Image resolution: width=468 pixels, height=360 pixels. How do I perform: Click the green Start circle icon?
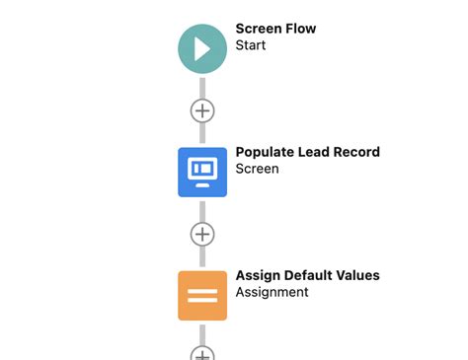coord(202,48)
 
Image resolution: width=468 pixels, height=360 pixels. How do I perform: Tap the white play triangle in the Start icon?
coord(203,48)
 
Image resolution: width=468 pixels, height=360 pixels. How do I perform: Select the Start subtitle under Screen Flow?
coord(252,45)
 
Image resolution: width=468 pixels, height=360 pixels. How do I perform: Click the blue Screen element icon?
coord(202,172)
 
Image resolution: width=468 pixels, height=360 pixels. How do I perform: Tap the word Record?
coord(359,152)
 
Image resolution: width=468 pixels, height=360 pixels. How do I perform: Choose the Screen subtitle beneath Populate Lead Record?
coord(257,169)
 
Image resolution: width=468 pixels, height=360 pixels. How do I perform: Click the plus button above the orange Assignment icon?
coord(202,234)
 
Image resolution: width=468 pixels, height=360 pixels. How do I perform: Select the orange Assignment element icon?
coord(202,295)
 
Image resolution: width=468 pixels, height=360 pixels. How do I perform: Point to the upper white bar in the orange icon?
coord(202,289)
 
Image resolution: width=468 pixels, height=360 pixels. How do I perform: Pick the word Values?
coord(360,275)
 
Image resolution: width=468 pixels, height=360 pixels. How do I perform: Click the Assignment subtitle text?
coord(272,292)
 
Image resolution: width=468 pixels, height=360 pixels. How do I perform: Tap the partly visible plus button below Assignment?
coord(202,353)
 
